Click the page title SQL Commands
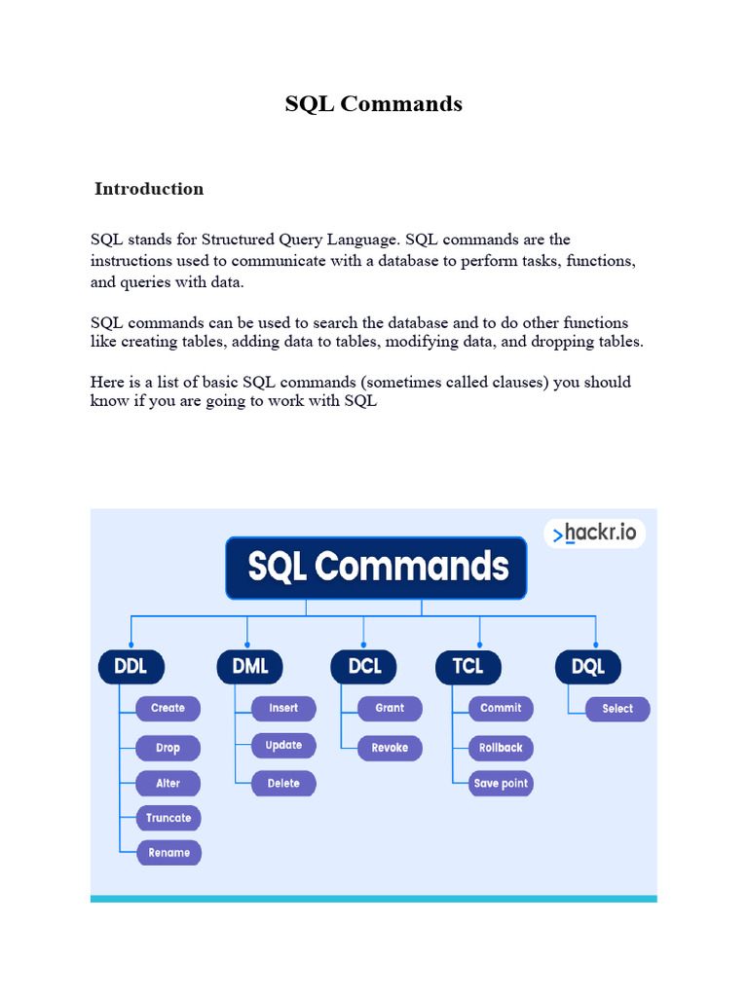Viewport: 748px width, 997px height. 373,103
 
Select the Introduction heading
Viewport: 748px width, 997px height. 149,189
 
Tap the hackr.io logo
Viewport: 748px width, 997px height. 594,534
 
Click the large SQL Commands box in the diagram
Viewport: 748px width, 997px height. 377,567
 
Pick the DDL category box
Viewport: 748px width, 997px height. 131,667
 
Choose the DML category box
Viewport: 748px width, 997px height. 249,667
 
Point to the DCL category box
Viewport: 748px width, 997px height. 364,667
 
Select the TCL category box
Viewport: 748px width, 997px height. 467,667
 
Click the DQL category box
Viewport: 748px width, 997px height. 588,667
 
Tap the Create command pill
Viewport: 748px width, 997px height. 168,708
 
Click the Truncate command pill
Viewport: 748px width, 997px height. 168,818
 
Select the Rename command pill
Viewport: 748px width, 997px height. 168,853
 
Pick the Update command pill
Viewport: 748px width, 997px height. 283,746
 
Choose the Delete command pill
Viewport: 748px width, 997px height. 283,783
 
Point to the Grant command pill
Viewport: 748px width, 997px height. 390,708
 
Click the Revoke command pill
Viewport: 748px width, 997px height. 390,748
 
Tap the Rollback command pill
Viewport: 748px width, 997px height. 501,748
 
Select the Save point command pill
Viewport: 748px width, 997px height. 501,783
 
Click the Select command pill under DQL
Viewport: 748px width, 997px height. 617,709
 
